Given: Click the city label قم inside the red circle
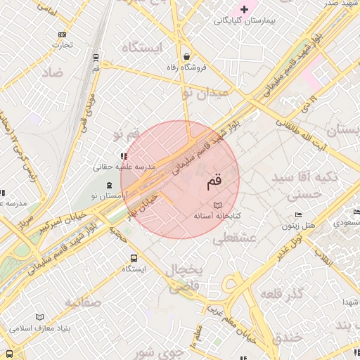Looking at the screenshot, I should (213, 183).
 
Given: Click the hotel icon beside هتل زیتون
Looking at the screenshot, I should (298, 215).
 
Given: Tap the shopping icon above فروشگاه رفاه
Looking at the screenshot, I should (186, 56).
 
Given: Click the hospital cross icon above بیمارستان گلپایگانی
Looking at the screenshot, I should (245, 9).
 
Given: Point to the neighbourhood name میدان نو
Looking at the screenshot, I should (205, 92).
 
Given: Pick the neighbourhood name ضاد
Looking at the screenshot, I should (52, 72).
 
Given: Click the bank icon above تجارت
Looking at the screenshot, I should (63, 34).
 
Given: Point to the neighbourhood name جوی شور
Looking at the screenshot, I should (159, 351).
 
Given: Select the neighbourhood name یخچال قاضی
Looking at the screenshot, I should (185, 278).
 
